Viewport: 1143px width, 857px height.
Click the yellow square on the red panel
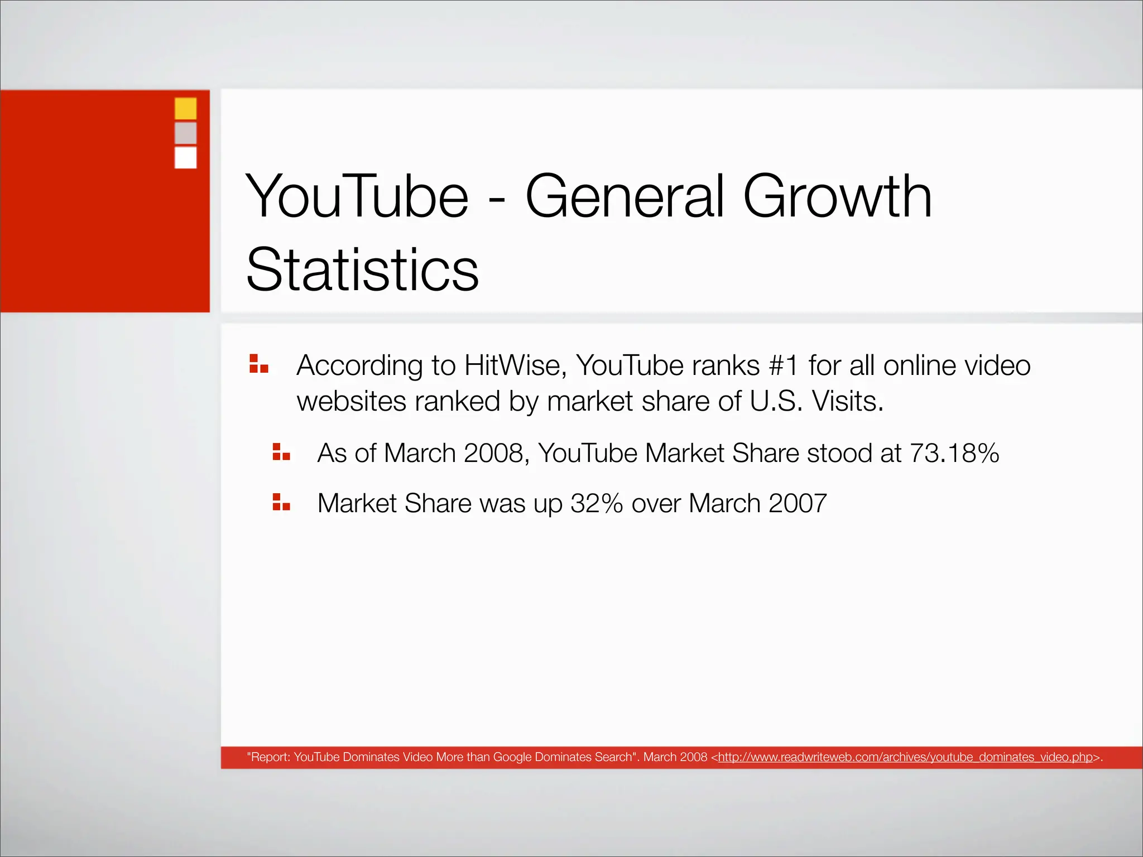(x=185, y=108)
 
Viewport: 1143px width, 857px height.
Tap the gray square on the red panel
(x=185, y=133)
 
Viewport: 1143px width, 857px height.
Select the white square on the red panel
(x=185, y=157)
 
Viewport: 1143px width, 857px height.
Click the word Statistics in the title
(x=362, y=270)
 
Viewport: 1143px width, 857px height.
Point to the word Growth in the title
(x=837, y=196)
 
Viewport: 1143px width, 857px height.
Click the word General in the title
(x=625, y=196)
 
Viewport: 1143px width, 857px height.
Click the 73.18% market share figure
(x=954, y=453)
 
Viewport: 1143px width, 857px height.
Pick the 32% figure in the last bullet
(x=596, y=503)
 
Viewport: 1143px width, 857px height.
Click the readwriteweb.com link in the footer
(x=905, y=757)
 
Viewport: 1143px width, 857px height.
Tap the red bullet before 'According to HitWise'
(x=259, y=363)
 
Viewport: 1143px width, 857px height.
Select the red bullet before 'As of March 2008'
(x=281, y=451)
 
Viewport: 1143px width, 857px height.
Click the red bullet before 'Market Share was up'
(x=281, y=502)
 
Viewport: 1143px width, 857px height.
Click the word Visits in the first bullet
(x=847, y=401)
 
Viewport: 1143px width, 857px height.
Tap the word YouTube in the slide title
(x=357, y=196)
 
